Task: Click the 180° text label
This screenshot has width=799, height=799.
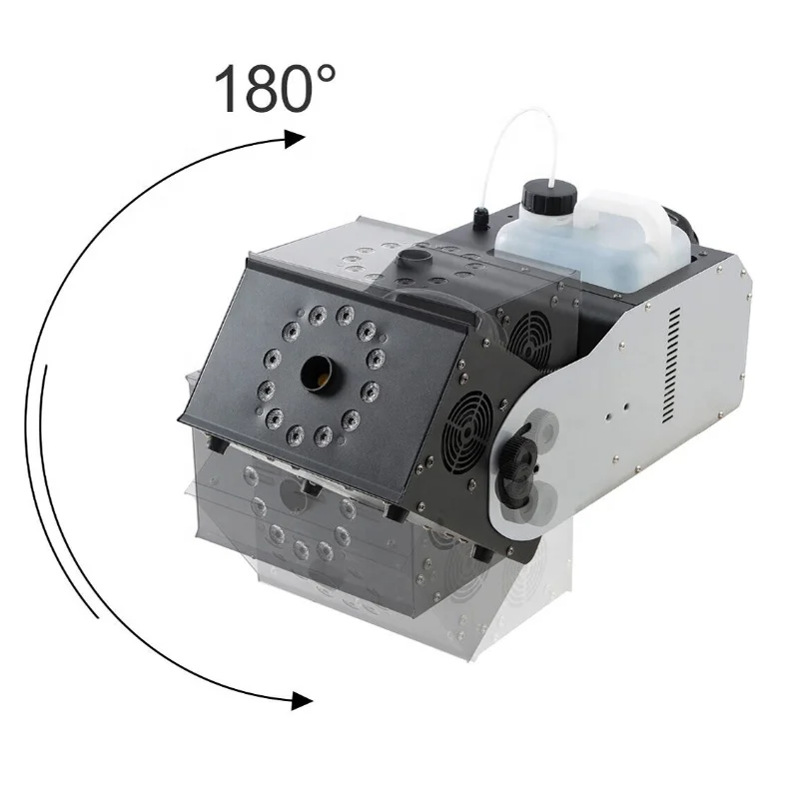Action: [275, 88]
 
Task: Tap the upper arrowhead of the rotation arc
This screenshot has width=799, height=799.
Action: [295, 138]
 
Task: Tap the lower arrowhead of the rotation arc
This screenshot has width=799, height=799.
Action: [302, 701]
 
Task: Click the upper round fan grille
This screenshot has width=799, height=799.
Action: [529, 338]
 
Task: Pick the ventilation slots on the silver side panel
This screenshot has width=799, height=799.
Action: [672, 366]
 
